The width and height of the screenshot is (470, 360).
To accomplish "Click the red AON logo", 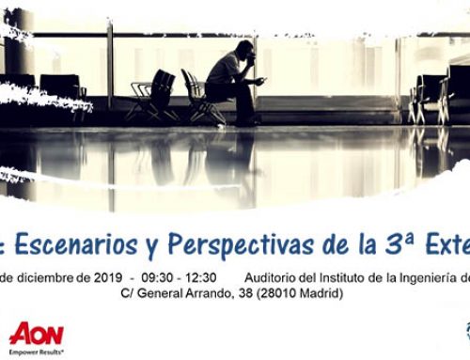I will pyautogui.click(x=36, y=333).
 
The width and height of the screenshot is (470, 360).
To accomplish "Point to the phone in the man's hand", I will pyautogui.click(x=259, y=82).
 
